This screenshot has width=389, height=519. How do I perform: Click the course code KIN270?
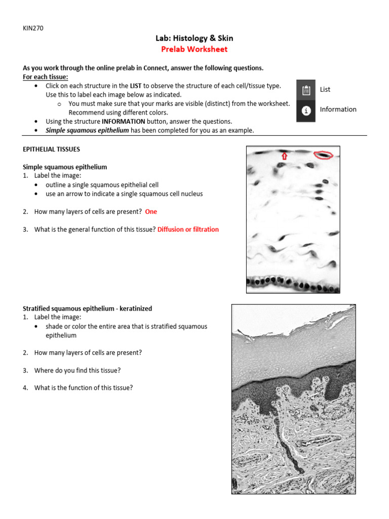click(x=33, y=28)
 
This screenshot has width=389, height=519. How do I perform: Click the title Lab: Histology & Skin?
click(x=194, y=38)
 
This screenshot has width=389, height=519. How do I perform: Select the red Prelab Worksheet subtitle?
click(x=194, y=49)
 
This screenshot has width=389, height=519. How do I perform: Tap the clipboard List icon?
click(x=306, y=90)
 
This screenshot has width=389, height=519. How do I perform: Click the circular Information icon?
click(x=306, y=110)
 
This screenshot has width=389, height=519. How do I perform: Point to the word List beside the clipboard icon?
click(x=325, y=89)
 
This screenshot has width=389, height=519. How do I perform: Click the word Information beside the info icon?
click(x=338, y=109)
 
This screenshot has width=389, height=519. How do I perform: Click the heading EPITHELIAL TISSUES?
click(x=51, y=150)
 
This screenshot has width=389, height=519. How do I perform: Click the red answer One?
click(x=151, y=212)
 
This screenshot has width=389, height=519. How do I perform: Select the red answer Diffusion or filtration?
click(x=188, y=230)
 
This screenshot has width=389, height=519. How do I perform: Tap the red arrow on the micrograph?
click(x=284, y=156)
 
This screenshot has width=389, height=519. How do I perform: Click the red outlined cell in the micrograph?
click(x=324, y=154)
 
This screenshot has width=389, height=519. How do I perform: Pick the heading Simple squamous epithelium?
click(x=65, y=167)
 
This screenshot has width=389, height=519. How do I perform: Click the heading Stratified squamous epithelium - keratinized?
click(x=87, y=308)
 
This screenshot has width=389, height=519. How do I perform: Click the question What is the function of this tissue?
click(x=83, y=388)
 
